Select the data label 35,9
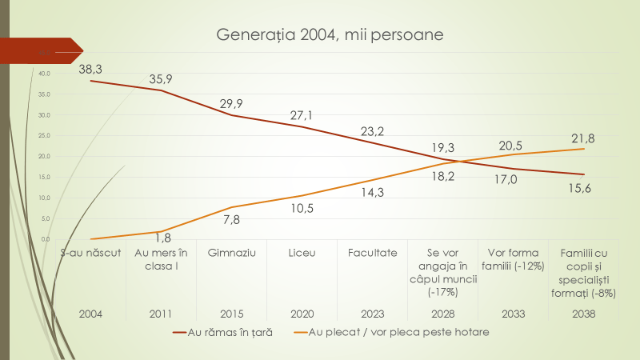162,78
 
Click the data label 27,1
302,115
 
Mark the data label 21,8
582,138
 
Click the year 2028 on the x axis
442,314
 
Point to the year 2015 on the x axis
231,314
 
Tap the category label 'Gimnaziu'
231,253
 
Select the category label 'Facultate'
372,253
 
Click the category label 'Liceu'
302,253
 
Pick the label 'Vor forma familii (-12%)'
513,259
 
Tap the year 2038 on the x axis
583,314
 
